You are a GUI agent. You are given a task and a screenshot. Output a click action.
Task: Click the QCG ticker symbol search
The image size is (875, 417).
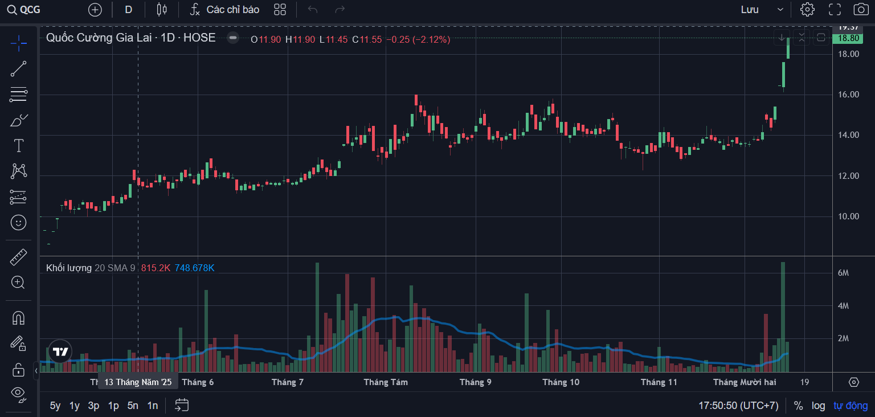point(24,10)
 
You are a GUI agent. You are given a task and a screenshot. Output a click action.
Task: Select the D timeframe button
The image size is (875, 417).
point(128,10)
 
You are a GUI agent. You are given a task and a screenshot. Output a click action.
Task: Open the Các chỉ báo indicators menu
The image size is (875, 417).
point(225,10)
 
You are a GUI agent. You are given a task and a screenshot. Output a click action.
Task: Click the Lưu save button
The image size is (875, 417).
point(750,10)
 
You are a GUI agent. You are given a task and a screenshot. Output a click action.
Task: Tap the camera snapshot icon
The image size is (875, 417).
point(861,10)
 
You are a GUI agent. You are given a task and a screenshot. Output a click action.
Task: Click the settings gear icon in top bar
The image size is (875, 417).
point(807,10)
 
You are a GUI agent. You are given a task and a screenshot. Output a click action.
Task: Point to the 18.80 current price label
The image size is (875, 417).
point(845,38)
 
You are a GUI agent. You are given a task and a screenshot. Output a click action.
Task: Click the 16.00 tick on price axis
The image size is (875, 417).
point(848,95)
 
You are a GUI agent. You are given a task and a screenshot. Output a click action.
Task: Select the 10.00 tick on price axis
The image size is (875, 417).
point(848,216)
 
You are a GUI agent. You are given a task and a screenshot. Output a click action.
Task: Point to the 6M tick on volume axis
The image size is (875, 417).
point(843,273)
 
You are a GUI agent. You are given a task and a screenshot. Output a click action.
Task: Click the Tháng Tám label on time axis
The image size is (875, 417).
point(386,382)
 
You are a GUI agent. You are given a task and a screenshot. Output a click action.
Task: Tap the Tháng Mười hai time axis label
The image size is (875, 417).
point(745,382)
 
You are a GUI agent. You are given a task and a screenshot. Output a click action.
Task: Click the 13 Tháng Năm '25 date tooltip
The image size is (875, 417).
point(138,382)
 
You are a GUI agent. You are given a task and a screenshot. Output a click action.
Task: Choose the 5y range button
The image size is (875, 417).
point(55,406)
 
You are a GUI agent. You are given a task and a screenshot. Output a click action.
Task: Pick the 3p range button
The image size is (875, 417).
point(93,406)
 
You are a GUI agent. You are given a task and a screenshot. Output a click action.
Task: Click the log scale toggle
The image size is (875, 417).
point(818,406)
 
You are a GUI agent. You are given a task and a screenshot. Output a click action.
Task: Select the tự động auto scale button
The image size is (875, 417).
point(851,406)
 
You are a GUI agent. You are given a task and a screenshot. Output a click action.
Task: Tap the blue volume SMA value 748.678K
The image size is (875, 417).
point(194,268)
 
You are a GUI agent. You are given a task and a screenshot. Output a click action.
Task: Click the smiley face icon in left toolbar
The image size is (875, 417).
point(19,222)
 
